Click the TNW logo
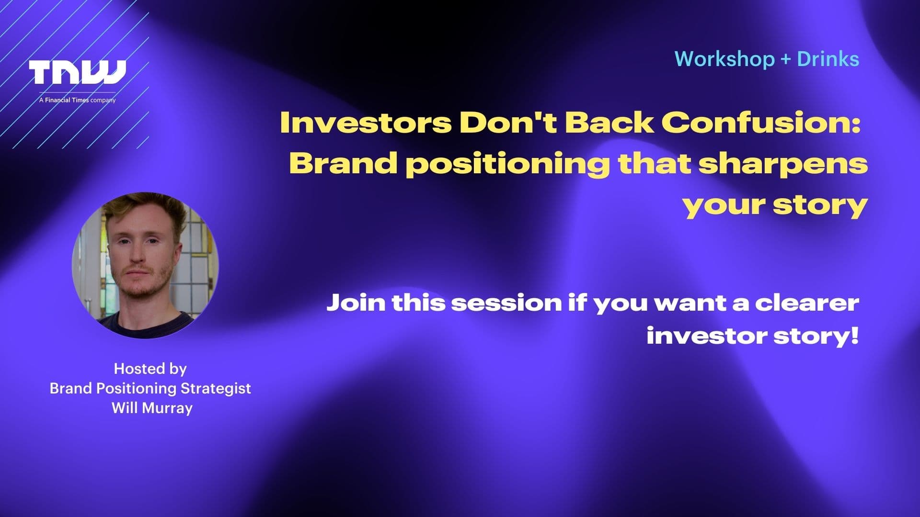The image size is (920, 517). (77, 72)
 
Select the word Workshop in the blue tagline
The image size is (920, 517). (724, 59)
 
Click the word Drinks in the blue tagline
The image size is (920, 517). (828, 59)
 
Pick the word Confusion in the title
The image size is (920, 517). (761, 123)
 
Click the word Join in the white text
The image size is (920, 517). (356, 303)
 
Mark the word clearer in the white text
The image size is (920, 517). (807, 303)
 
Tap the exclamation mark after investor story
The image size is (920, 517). (853, 336)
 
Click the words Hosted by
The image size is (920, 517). (150, 369)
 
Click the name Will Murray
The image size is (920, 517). (152, 408)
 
